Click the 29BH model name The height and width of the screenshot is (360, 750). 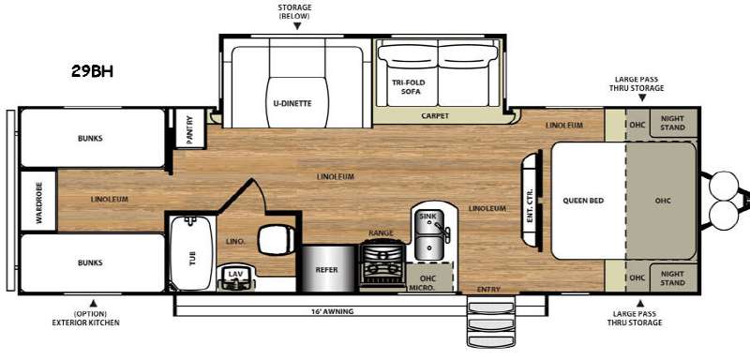pos(92,71)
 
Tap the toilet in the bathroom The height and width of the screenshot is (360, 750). pos(277,239)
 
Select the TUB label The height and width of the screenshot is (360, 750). pos(192,258)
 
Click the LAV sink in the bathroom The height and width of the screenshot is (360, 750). pos(233,277)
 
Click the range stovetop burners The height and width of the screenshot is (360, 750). pos(382,262)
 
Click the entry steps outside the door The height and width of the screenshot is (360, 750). pos(491,322)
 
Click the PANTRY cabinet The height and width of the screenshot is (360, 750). pos(189,128)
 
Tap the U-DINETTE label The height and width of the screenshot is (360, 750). pos(296,103)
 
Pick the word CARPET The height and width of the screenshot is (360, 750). pos(435,115)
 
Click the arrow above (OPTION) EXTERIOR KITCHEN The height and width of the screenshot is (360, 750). pos(94,303)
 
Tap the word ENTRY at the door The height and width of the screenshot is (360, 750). pos(488,290)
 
